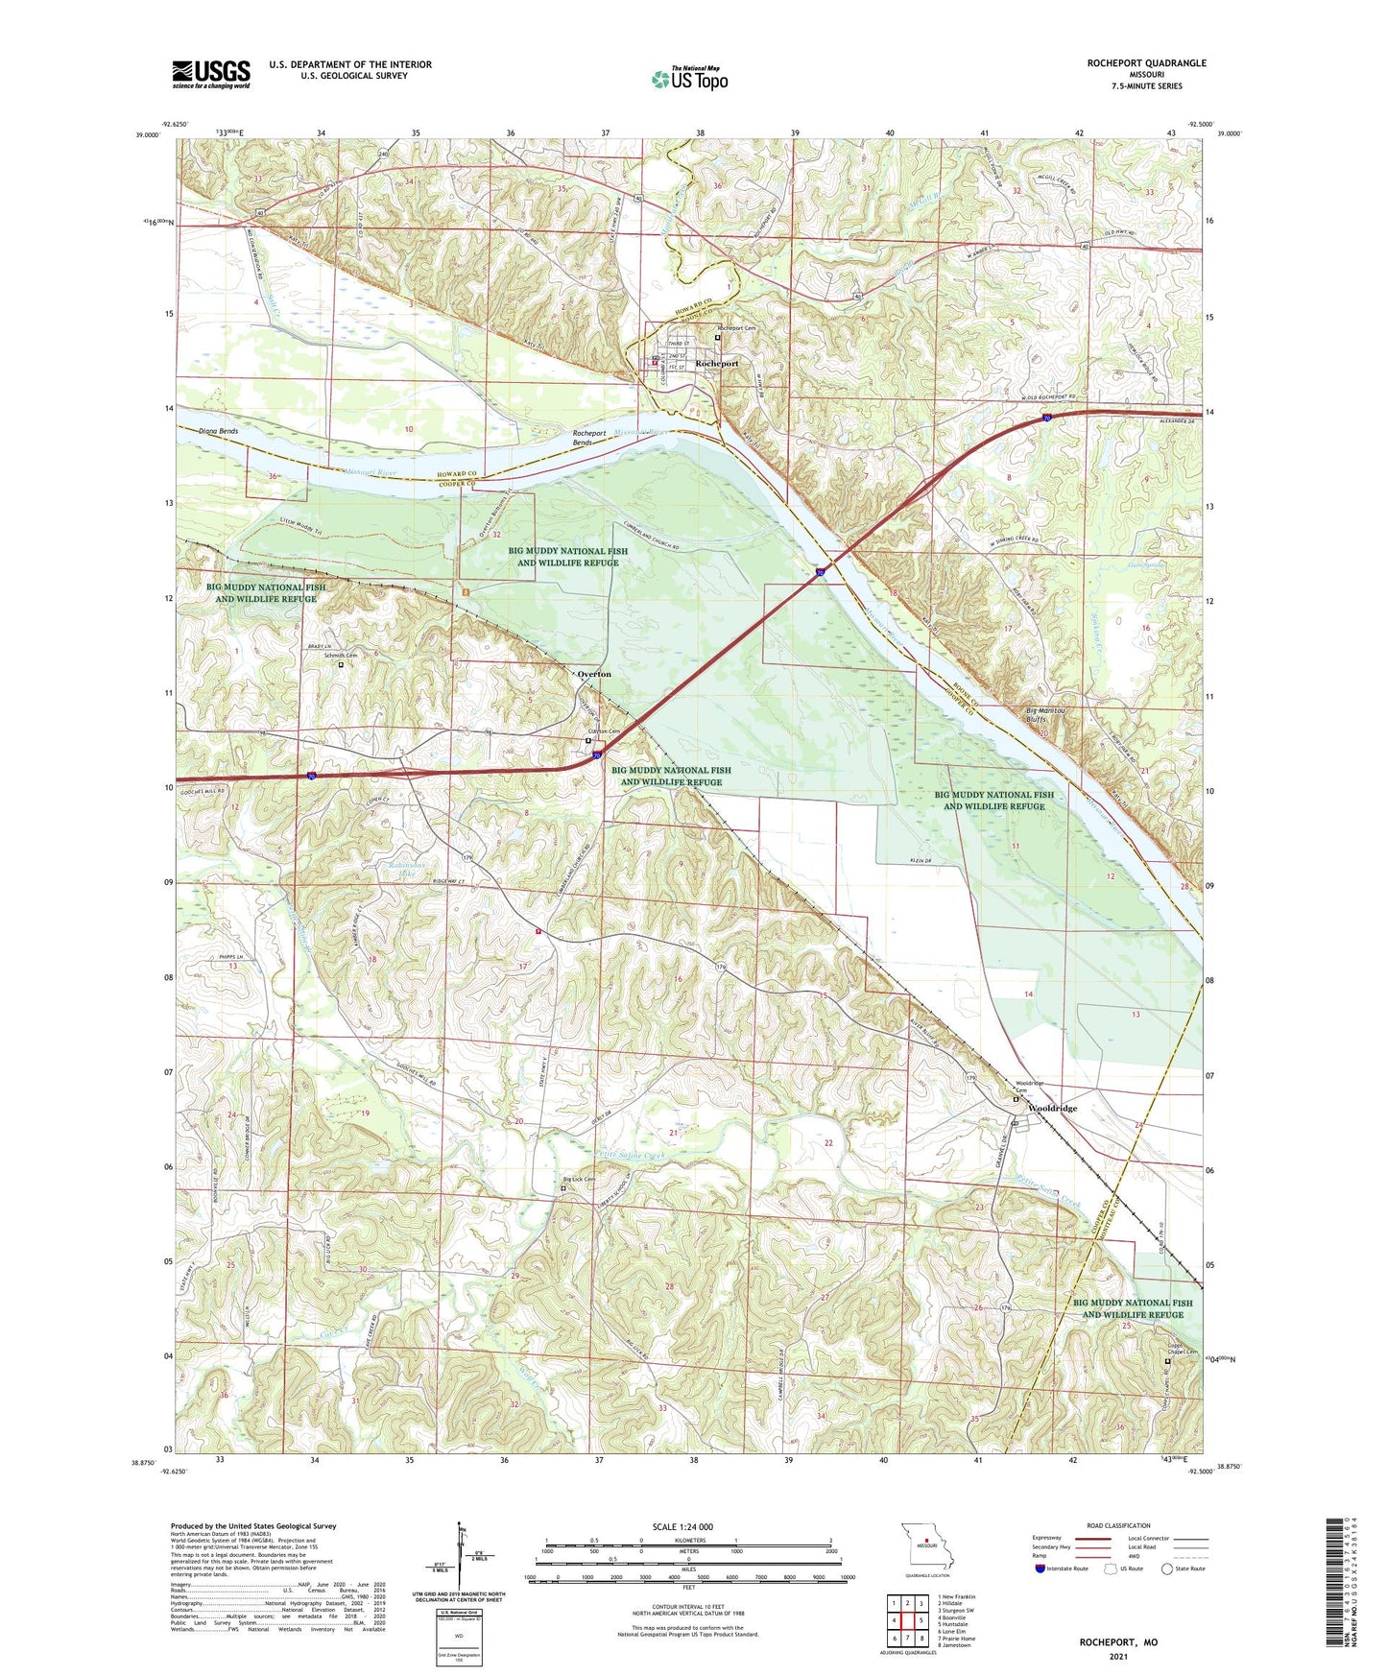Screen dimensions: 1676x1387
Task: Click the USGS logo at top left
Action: [x=211, y=73]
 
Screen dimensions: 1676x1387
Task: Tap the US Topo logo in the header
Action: [x=689, y=79]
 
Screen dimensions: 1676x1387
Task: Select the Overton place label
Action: [x=594, y=674]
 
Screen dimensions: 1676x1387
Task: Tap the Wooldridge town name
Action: [x=1052, y=1108]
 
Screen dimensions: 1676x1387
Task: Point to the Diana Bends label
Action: [x=219, y=431]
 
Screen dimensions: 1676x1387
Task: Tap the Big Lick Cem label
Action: [x=579, y=1180]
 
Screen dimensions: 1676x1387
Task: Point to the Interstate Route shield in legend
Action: [x=1040, y=1596]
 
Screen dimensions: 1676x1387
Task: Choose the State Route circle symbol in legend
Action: [x=1167, y=1596]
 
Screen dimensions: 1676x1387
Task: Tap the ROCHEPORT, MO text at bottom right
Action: [x=1118, y=1642]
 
